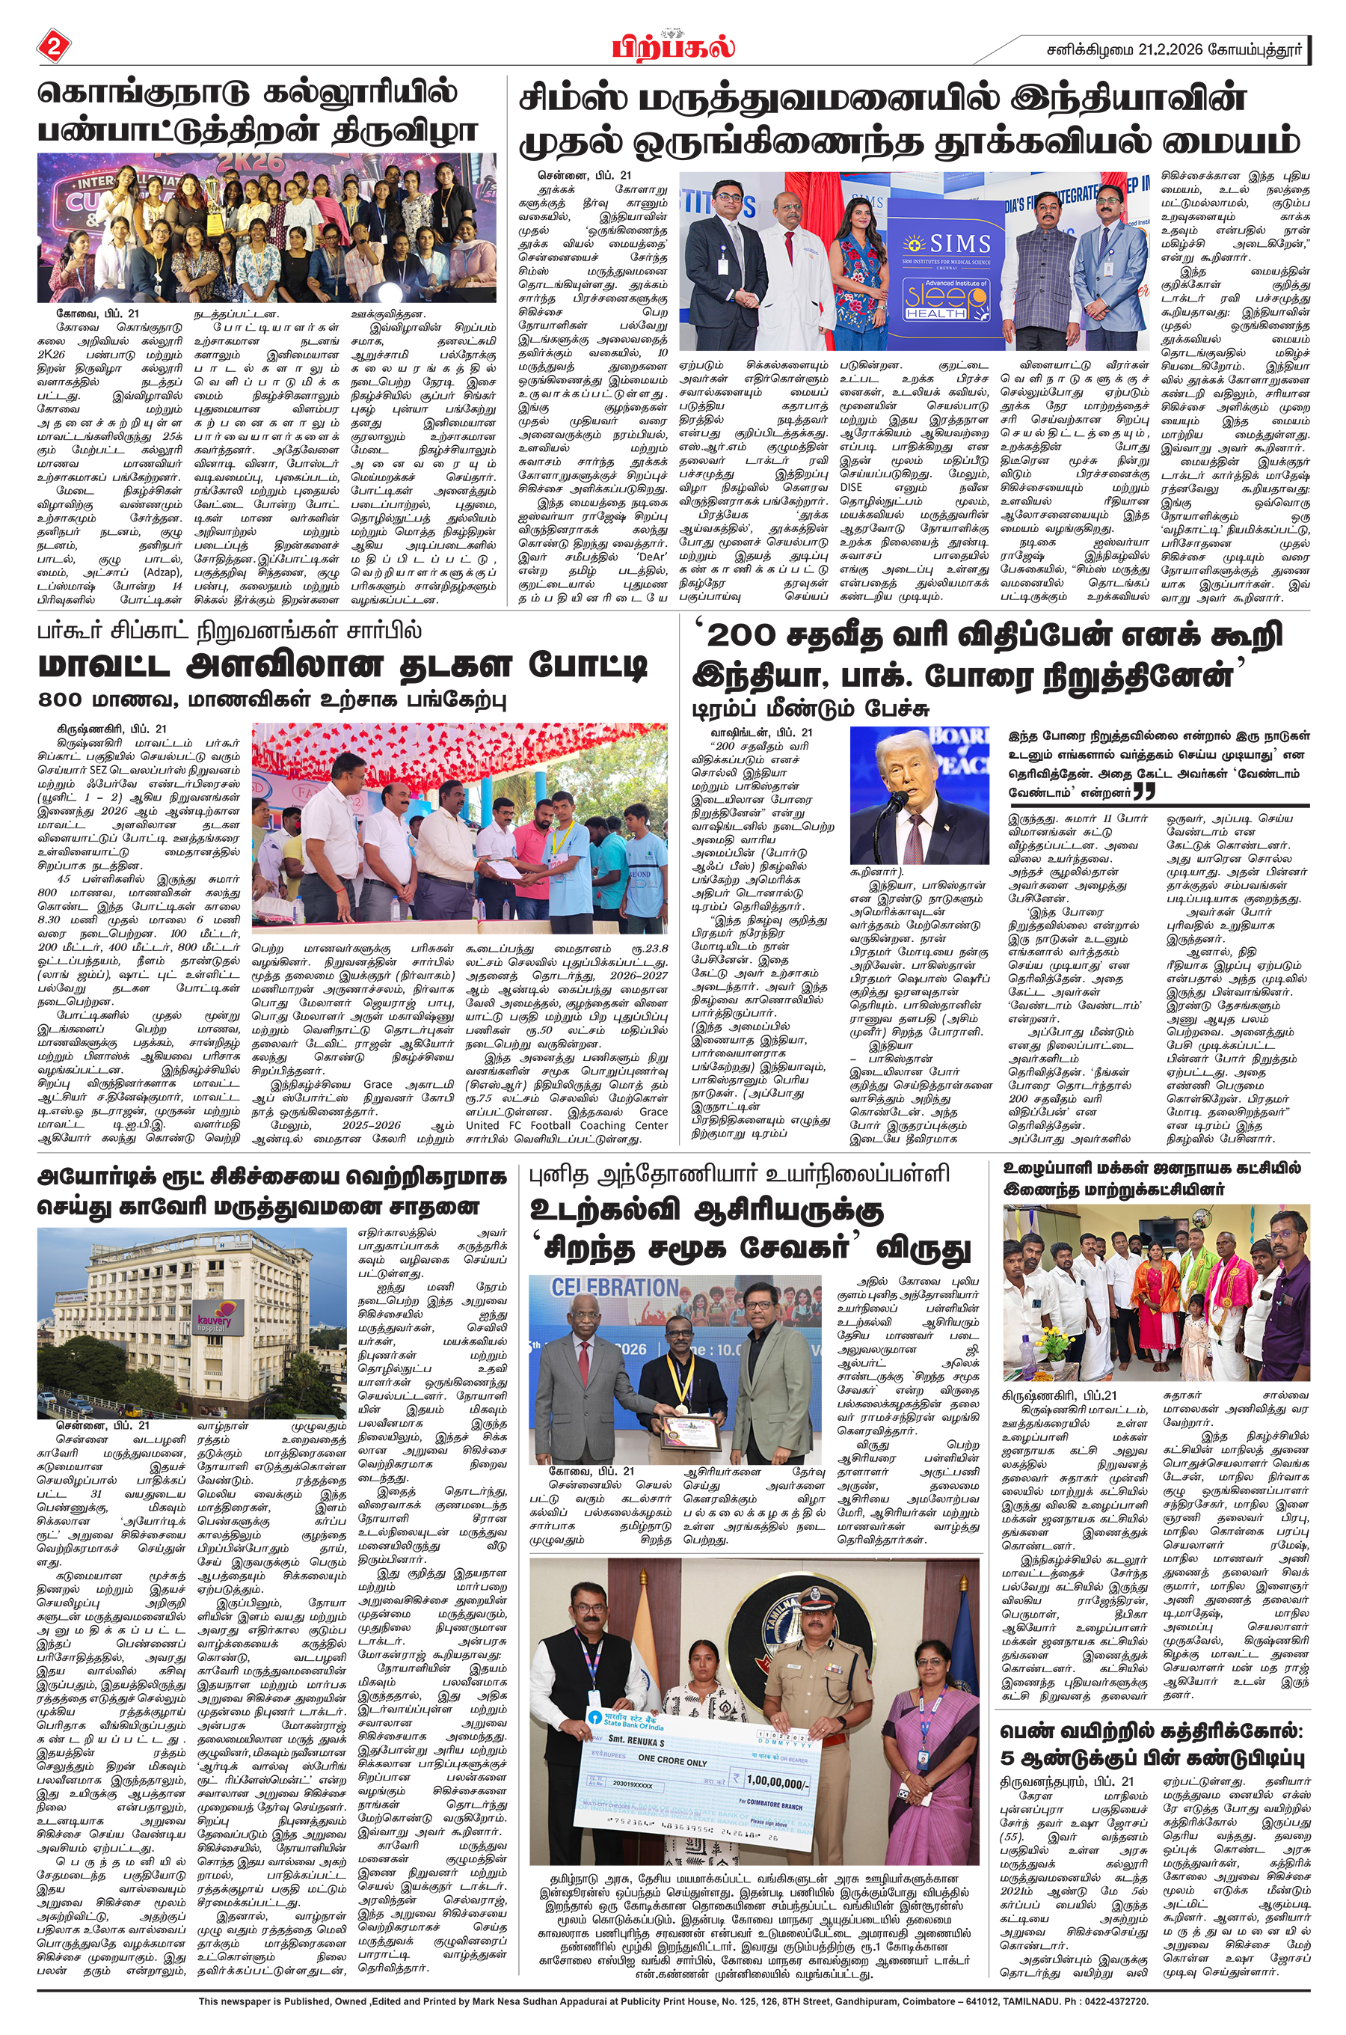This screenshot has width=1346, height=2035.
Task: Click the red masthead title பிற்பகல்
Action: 674,47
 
